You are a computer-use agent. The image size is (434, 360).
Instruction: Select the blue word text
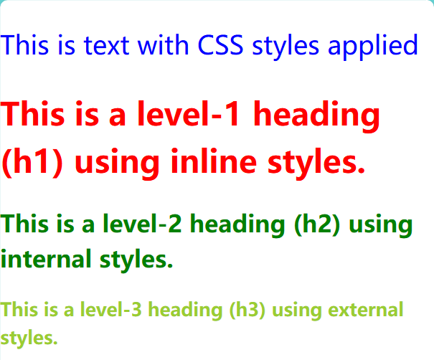107,46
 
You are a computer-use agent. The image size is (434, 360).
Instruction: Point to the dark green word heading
239,225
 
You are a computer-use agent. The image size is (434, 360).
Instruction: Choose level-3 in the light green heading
115,311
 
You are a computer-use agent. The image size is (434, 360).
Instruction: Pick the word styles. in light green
29,337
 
